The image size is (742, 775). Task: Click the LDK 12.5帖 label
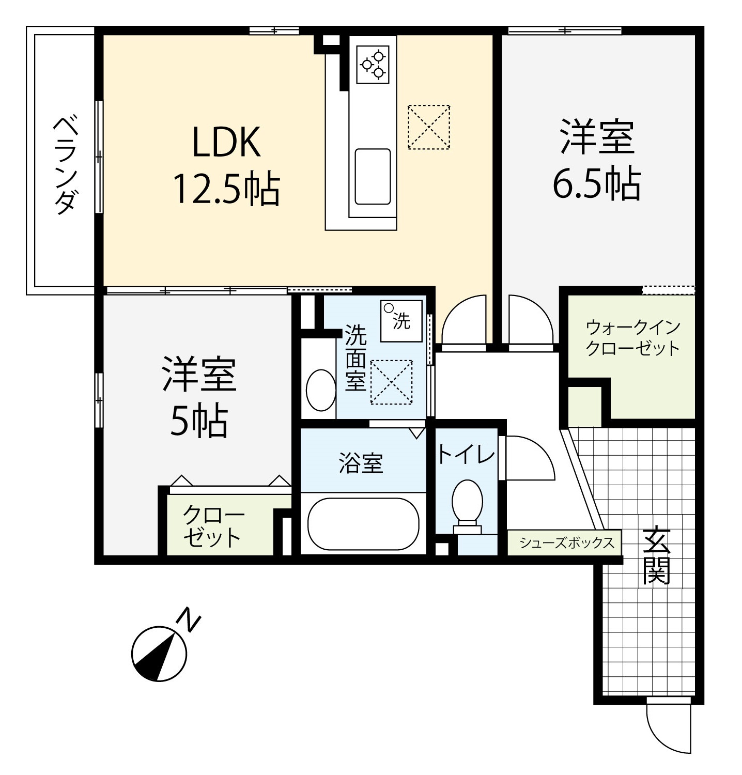point(226,165)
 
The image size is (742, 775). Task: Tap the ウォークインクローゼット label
point(632,338)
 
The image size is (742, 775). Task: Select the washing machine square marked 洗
point(401,321)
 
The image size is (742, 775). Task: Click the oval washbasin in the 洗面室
point(321,390)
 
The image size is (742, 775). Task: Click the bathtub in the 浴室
point(363,523)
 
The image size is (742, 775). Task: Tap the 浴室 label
point(361,463)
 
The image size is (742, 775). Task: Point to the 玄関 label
point(656,555)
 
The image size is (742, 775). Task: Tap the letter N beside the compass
point(189,620)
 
